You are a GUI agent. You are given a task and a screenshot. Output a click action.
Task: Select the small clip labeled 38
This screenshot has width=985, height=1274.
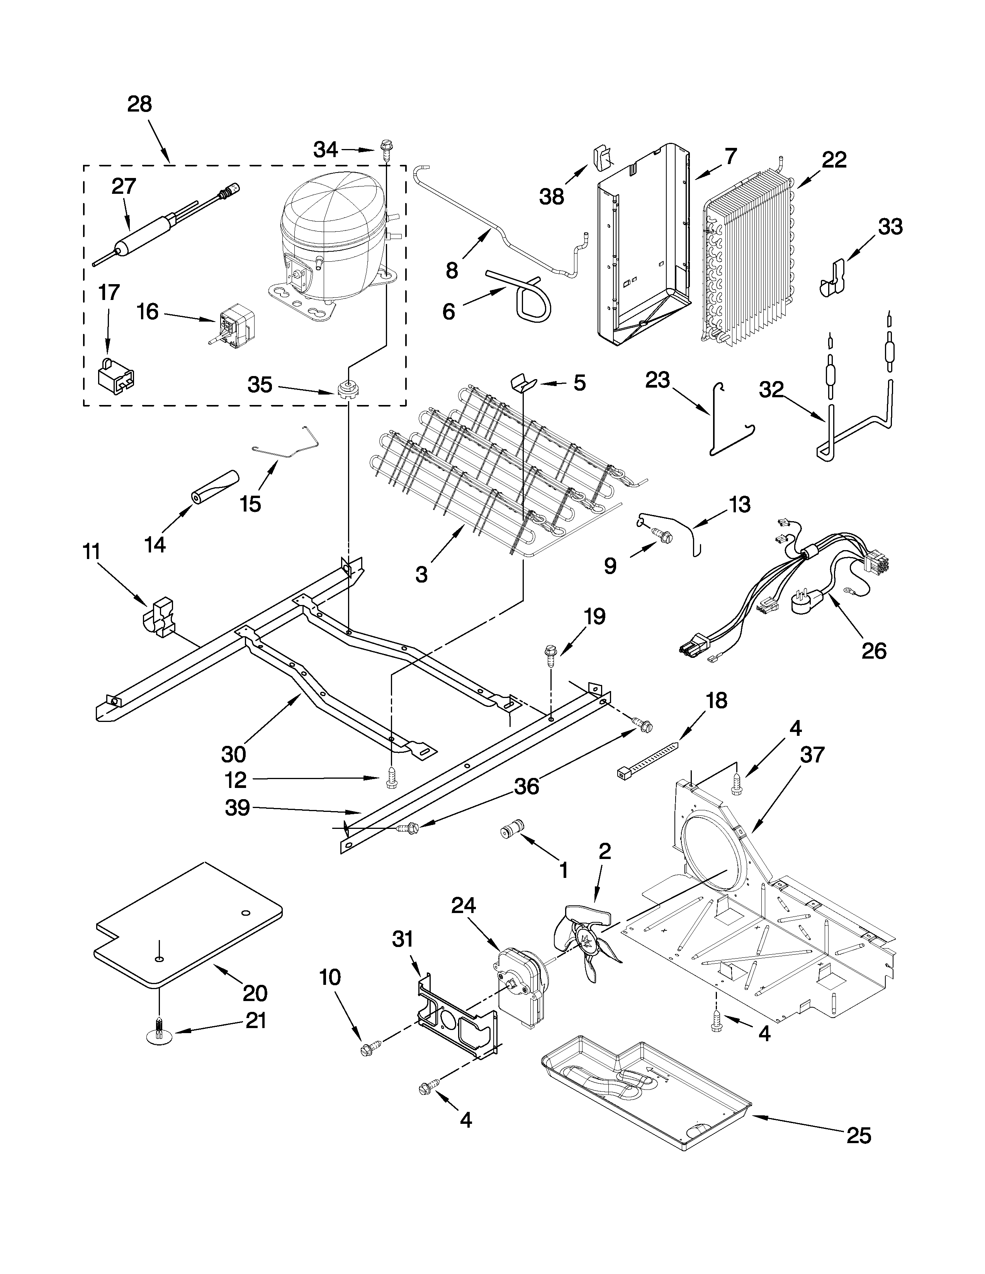(x=602, y=158)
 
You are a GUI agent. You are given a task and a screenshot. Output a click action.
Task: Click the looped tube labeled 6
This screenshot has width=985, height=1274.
(x=528, y=298)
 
